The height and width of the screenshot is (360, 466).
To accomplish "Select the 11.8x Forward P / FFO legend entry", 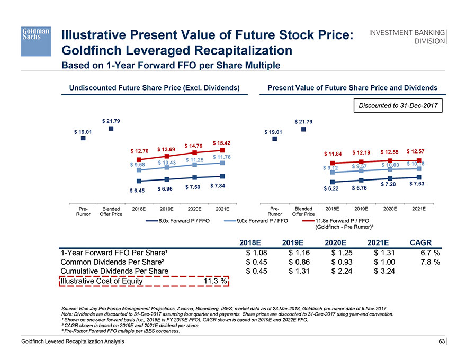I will tap(342, 222).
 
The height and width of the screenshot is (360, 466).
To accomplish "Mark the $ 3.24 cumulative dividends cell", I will tap(384, 271).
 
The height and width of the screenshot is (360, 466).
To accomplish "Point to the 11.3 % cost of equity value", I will tap(216, 281).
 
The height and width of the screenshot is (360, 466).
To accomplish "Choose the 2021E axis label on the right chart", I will tap(418, 209).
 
